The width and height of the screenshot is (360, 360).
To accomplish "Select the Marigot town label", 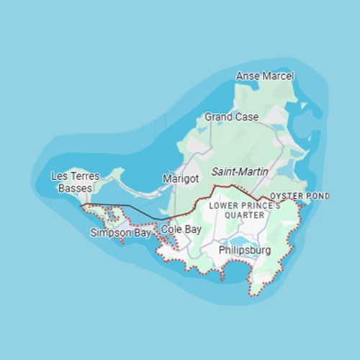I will [180, 178].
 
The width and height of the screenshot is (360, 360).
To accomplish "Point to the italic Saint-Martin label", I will [240, 172].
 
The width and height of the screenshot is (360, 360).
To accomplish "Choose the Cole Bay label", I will [181, 229].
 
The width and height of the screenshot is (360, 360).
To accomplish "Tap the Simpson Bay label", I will [121, 233].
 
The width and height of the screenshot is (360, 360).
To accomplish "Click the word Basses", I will [76, 188].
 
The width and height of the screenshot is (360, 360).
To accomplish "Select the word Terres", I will [82, 176].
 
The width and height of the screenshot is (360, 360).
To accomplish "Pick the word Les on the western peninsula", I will [59, 176].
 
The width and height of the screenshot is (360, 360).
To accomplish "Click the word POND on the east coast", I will [318, 196].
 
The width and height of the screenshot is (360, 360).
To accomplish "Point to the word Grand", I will [217, 117].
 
